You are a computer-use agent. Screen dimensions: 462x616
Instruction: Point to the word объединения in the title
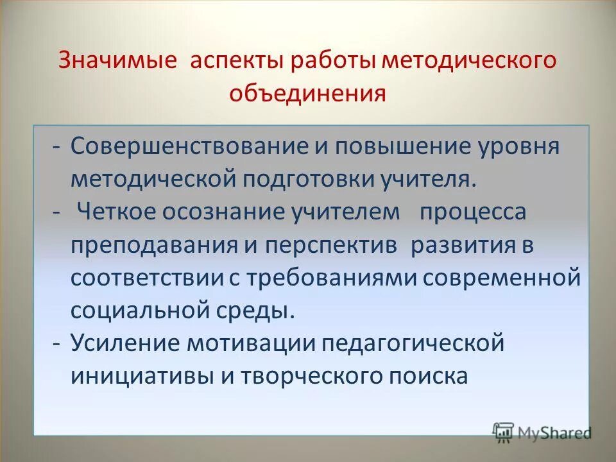click(x=308, y=94)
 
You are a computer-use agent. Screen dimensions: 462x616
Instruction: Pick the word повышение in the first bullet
click(x=393, y=146)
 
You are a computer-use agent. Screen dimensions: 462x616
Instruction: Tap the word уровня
click(x=519, y=147)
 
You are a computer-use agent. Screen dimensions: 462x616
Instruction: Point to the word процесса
click(x=473, y=212)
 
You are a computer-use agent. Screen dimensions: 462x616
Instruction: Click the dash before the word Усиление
click(x=57, y=344)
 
